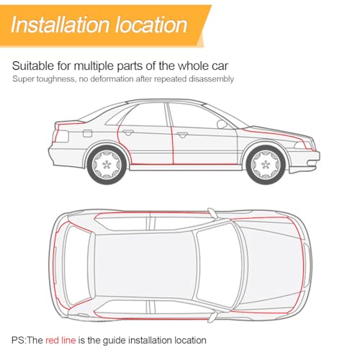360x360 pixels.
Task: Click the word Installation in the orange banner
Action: click(x=60, y=24)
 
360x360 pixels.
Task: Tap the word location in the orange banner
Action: click(x=151, y=24)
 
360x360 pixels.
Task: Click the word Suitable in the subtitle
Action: click(x=33, y=66)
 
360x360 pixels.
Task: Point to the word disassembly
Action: click(x=211, y=79)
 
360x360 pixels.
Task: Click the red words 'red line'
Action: click(x=60, y=340)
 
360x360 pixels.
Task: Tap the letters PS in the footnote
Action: click(x=18, y=340)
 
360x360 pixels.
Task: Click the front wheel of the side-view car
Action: click(x=266, y=164)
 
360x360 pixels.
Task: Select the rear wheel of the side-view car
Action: click(x=107, y=164)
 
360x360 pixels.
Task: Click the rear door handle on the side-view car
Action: click(x=128, y=132)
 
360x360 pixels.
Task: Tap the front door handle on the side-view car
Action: click(x=182, y=135)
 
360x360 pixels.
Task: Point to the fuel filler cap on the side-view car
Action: click(x=87, y=133)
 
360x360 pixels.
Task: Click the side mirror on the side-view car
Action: click(x=222, y=125)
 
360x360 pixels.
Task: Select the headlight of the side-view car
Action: click(x=303, y=145)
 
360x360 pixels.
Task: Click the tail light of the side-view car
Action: click(x=62, y=136)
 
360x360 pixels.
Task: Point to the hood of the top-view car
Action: click(x=271, y=266)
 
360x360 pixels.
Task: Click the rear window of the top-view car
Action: click(x=77, y=266)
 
